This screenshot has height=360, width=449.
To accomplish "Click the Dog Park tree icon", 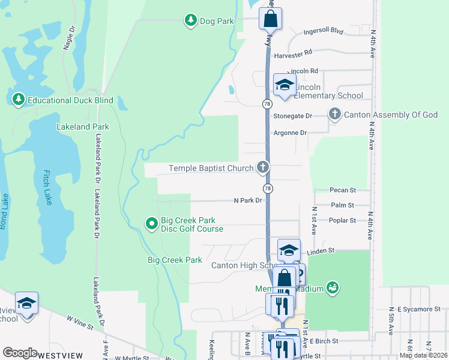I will tap(191, 21).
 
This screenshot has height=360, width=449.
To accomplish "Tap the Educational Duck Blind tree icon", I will tap(18, 100).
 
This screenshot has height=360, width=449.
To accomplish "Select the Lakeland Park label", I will tap(83, 127).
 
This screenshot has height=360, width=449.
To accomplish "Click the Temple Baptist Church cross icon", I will tap(262, 168).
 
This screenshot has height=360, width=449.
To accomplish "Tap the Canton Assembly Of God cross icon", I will tap(335, 114).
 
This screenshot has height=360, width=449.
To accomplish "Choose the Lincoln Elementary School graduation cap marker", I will tap(285, 85).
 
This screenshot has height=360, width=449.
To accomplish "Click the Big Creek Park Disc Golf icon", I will tap(152, 224).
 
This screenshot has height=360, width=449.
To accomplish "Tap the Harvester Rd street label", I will tap(294, 55).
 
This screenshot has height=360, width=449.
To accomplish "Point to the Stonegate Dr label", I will tap(293, 116).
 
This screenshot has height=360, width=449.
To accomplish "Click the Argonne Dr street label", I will tap(290, 133).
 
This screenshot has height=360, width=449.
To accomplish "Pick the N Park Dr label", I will tap(248, 200).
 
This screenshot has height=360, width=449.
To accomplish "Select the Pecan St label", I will tap(343, 190).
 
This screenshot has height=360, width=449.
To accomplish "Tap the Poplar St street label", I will tap(343, 220).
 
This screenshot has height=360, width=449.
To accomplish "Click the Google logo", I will tap(20, 353).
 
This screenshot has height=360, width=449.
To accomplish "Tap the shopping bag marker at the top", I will tap(270, 19).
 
